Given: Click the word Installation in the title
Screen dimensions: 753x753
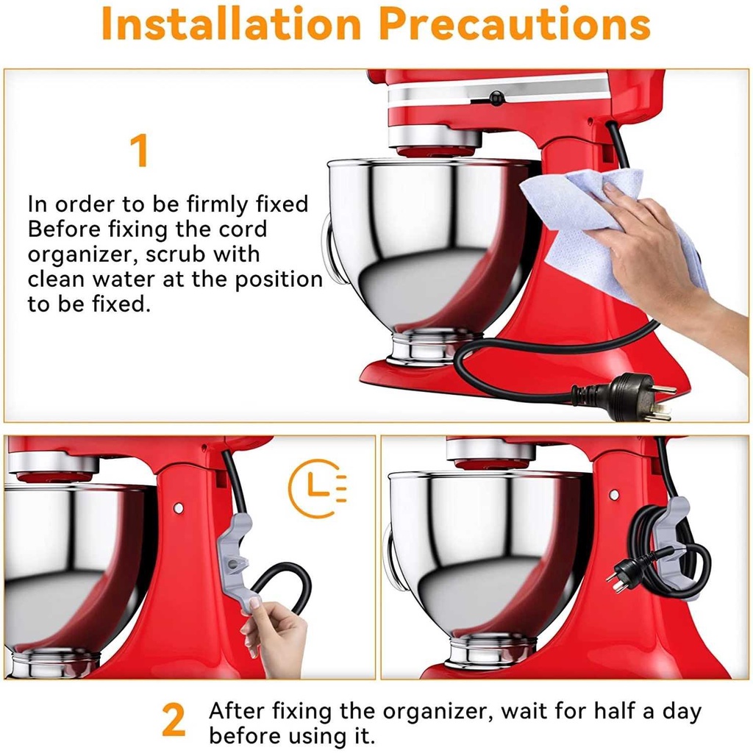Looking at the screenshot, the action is pos(231,24).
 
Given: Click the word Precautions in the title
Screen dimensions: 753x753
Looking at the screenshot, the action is pos(515,24).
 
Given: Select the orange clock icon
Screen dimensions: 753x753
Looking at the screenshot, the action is pos(315,488).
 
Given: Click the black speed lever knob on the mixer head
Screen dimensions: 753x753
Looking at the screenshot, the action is pos(496,99).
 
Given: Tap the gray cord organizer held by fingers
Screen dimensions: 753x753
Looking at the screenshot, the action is pos(237,562).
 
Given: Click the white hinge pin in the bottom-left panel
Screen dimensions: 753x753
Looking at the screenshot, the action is pos(179,507).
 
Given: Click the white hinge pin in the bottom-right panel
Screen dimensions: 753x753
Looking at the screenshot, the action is pos(614,495).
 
